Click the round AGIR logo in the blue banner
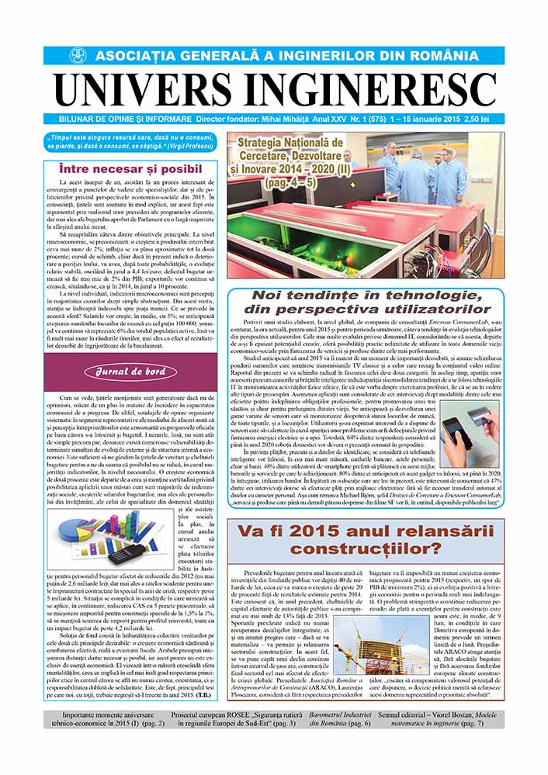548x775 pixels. point(78,56)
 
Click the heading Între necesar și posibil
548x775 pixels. point(130,168)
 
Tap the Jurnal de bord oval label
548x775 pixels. point(130,372)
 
